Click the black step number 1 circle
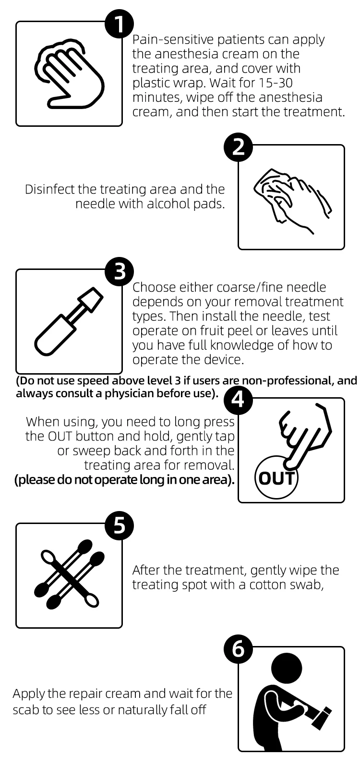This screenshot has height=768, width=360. [119, 24]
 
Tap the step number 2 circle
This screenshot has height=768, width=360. [239, 147]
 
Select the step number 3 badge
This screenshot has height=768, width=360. [119, 271]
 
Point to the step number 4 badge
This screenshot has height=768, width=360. [239, 400]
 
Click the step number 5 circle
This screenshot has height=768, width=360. [119, 525]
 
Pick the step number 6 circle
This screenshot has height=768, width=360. [239, 649]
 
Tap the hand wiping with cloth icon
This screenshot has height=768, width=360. [292, 199]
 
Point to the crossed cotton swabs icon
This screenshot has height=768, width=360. [69, 574]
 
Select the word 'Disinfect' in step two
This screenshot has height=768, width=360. [49, 189]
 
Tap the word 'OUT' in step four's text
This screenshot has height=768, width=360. [60, 436]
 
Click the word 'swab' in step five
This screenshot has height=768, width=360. [307, 585]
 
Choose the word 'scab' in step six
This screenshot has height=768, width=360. [26, 710]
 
